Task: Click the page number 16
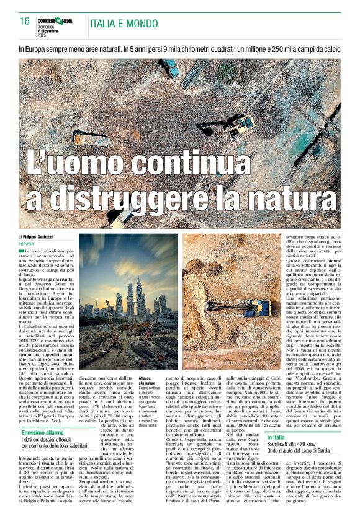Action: [24, 22]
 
